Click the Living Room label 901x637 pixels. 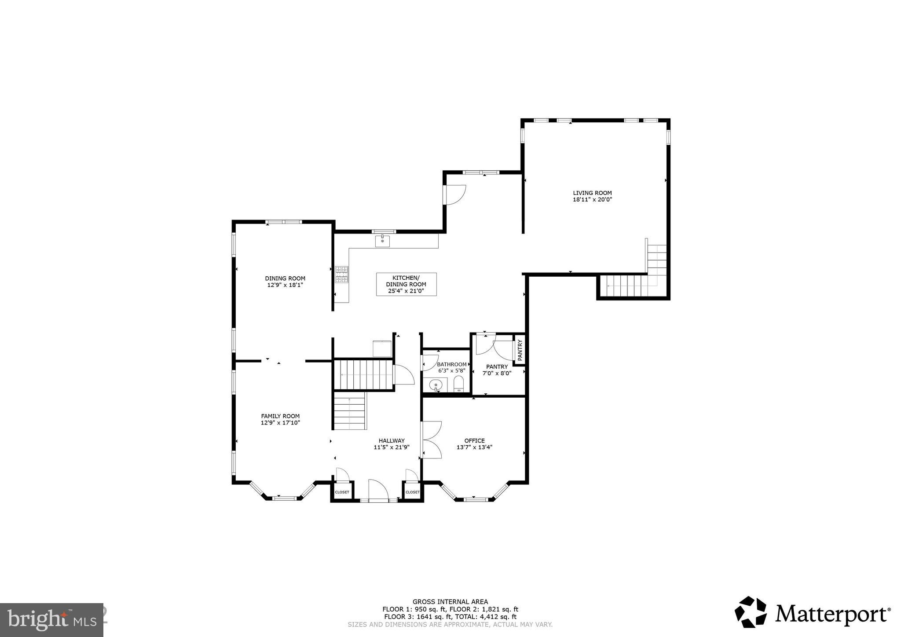pos(592,193)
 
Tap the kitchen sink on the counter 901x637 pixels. pos(382,241)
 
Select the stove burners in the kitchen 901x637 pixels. pos(342,275)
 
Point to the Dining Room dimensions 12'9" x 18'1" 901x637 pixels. pos(285,285)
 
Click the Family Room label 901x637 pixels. pos(280,416)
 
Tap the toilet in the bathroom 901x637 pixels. pos(458,384)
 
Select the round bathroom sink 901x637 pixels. pos(436,384)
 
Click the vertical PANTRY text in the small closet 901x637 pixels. pos(520,350)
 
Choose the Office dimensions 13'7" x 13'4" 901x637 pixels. pos(474,447)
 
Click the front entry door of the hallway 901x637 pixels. pos(377,492)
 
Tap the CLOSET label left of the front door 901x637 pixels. pos(342,492)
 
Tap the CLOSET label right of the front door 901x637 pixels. pos(412,492)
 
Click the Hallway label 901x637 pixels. pos(392,440)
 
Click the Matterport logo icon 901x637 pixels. pos(751,612)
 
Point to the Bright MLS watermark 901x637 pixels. pos(51,619)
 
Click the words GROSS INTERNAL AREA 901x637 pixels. pos(450,602)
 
